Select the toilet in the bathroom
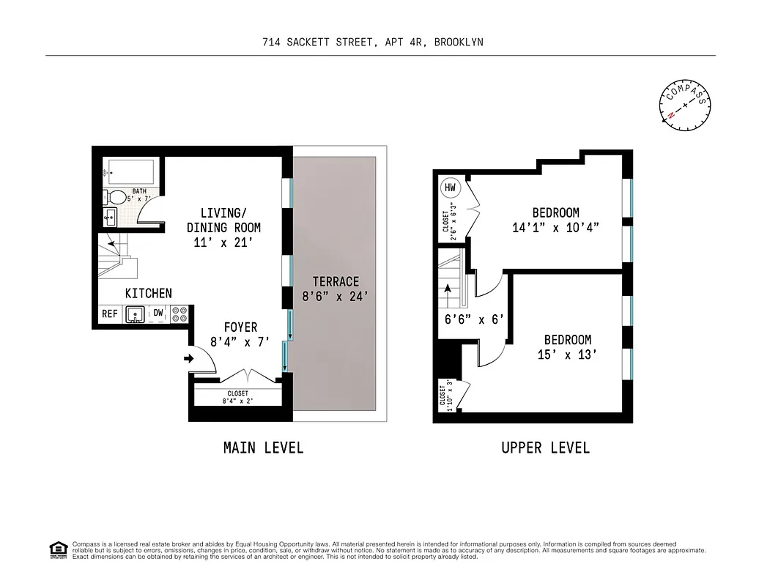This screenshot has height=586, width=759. (x=116, y=197)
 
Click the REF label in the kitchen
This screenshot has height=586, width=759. (x=110, y=314)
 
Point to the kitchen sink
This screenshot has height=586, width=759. (x=135, y=314)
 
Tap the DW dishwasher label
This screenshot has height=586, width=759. (x=158, y=314)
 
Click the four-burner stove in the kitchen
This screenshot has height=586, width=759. (x=179, y=314)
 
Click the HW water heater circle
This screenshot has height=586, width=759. (x=450, y=188)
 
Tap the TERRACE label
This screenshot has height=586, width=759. (x=336, y=281)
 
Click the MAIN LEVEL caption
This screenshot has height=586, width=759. (x=263, y=448)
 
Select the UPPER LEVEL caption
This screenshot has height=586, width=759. (x=545, y=448)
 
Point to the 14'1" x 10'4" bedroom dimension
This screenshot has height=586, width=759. (x=555, y=228)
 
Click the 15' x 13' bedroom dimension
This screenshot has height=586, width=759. (x=567, y=355)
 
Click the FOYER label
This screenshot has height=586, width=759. (x=240, y=327)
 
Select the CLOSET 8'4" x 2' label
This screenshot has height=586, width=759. (x=237, y=397)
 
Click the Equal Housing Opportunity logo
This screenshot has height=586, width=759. (x=57, y=549)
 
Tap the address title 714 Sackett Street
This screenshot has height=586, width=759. (x=372, y=42)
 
